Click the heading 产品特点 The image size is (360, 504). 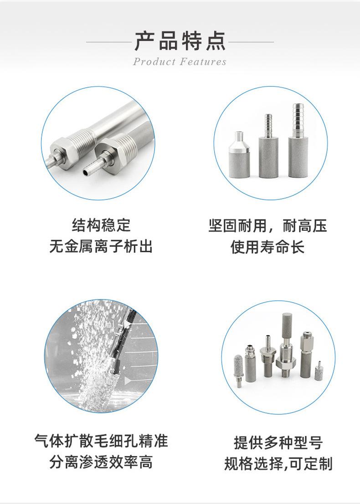[180, 41]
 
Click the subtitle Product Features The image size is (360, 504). [180, 62]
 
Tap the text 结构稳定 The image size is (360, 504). [101, 225]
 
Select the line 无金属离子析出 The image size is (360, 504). [101, 247]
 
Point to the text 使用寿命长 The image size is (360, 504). [267, 247]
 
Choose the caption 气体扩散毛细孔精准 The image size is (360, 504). [101, 441]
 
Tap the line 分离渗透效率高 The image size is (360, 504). [101, 463]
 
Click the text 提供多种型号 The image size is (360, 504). [278, 442]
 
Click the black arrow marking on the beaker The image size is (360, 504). [128, 379]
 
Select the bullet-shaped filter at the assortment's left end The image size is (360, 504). [238, 370]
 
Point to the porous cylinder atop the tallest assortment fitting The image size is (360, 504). [287, 323]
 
